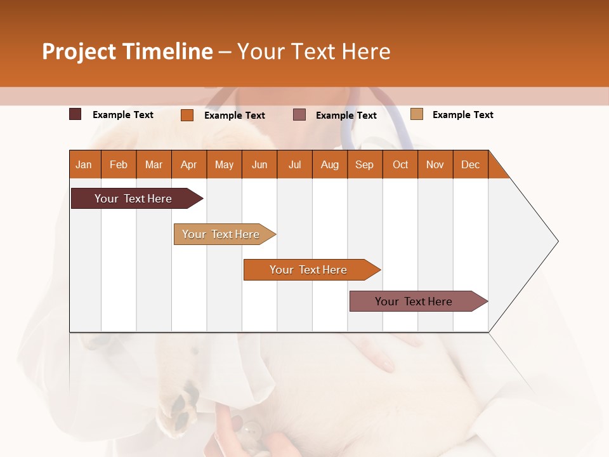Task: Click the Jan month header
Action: tap(84, 164)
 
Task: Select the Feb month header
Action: tap(119, 164)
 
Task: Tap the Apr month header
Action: tap(188, 164)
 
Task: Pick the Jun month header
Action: tap(259, 164)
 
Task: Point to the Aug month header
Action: tap(329, 164)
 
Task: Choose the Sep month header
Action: tap(364, 164)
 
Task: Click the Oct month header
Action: tap(400, 164)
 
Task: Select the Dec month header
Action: tap(470, 164)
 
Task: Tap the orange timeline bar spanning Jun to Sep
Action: tap(309, 270)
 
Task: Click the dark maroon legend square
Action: tap(75, 114)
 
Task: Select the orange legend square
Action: tap(187, 115)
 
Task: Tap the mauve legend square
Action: tap(299, 114)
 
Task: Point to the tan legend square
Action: tap(417, 114)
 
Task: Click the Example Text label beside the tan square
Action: tap(462, 115)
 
